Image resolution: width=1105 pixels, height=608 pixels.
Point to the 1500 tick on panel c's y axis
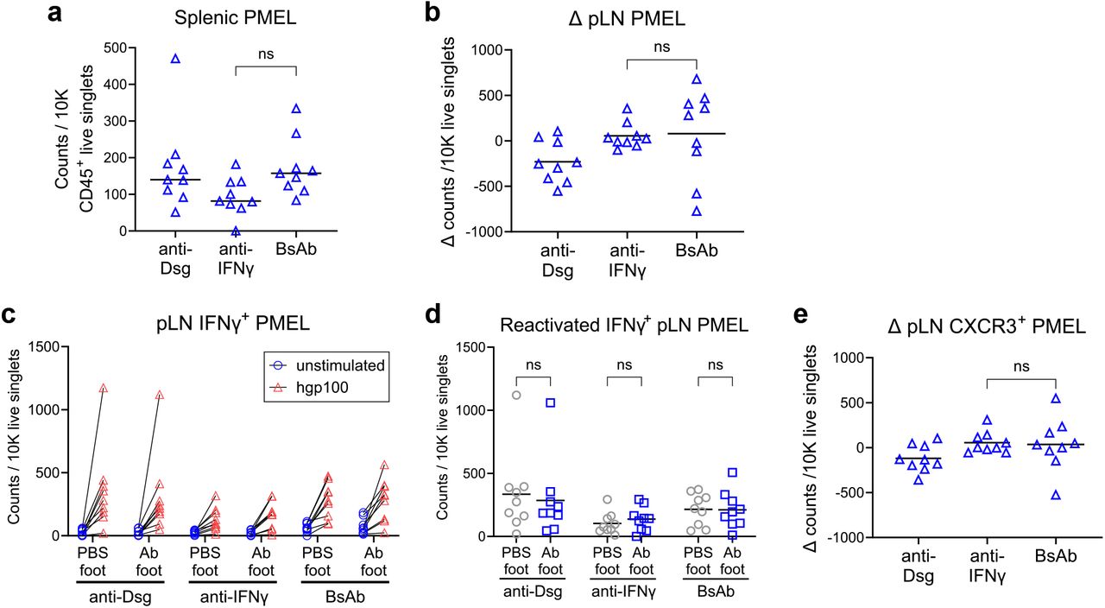click(x=52, y=347)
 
